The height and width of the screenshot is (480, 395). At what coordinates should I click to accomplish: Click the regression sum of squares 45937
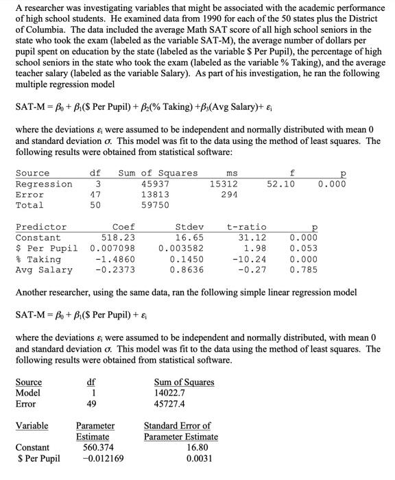pyautogui.click(x=154, y=184)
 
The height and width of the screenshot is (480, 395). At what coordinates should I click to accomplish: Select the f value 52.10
pyautogui.click(x=282, y=184)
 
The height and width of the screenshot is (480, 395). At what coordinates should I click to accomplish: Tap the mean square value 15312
pyautogui.click(x=224, y=184)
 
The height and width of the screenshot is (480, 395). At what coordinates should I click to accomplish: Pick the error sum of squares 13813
pyautogui.click(x=154, y=195)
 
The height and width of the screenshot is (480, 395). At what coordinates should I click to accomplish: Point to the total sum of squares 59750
pyautogui.click(x=154, y=205)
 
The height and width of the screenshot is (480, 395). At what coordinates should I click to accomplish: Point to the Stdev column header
pyautogui.click(x=190, y=227)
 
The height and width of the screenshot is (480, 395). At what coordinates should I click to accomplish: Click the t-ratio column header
pyautogui.click(x=246, y=227)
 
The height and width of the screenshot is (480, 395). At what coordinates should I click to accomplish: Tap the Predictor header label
pyautogui.click(x=41, y=227)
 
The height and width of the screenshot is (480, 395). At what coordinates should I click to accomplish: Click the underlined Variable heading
pyautogui.click(x=32, y=426)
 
